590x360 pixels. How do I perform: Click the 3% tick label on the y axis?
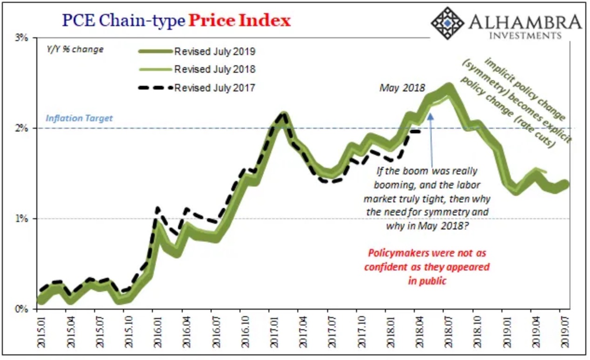click(23, 37)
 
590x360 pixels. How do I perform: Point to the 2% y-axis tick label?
click(23, 128)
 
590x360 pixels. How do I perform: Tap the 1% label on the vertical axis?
click(23, 218)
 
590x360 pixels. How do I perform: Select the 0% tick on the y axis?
click(23, 309)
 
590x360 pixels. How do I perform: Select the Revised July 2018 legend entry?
click(214, 69)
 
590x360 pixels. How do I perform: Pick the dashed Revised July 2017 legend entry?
click(214, 87)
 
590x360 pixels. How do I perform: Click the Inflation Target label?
click(79, 118)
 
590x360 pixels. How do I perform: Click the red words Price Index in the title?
click(239, 21)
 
